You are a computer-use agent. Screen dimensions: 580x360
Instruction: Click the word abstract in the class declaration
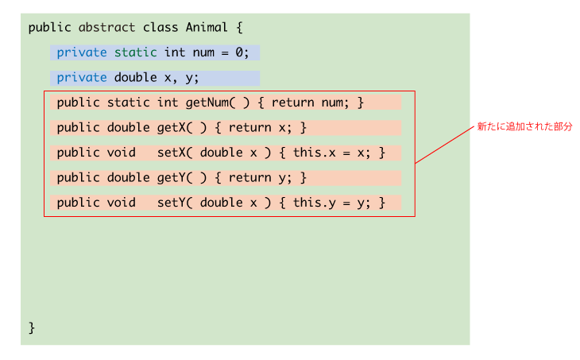pyautogui.click(x=106, y=27)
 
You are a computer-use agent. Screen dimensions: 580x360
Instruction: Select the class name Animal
pyautogui.click(x=207, y=27)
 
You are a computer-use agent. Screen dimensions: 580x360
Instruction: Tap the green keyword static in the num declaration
pyautogui.click(x=135, y=52)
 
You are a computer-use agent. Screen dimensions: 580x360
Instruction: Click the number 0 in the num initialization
pyautogui.click(x=239, y=52)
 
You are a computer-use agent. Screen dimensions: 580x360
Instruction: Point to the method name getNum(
pyautogui.click(x=210, y=103)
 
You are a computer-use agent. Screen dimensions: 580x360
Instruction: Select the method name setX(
pyautogui.click(x=175, y=153)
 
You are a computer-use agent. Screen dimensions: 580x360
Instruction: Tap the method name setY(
pyautogui.click(x=175, y=203)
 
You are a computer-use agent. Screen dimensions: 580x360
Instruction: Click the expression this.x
pyautogui.click(x=315, y=153)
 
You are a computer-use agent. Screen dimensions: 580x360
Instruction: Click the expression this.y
pyautogui.click(x=315, y=203)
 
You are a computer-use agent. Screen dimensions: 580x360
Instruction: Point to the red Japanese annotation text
pyautogui.click(x=524, y=126)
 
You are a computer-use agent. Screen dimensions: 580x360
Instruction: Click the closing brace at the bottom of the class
pyautogui.click(x=32, y=328)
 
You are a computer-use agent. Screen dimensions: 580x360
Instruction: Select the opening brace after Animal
pyautogui.click(x=239, y=28)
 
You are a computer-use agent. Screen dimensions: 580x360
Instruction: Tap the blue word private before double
pyautogui.click(x=82, y=78)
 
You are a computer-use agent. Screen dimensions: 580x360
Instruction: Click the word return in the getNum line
pyautogui.click(x=292, y=103)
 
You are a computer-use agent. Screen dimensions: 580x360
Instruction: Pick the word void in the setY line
pyautogui.click(x=121, y=203)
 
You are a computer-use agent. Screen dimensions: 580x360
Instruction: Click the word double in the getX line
pyautogui.click(x=129, y=128)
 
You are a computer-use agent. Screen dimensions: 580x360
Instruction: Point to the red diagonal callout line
pyautogui.click(x=444, y=145)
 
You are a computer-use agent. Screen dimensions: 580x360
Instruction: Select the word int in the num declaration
pyautogui.click(x=175, y=52)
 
